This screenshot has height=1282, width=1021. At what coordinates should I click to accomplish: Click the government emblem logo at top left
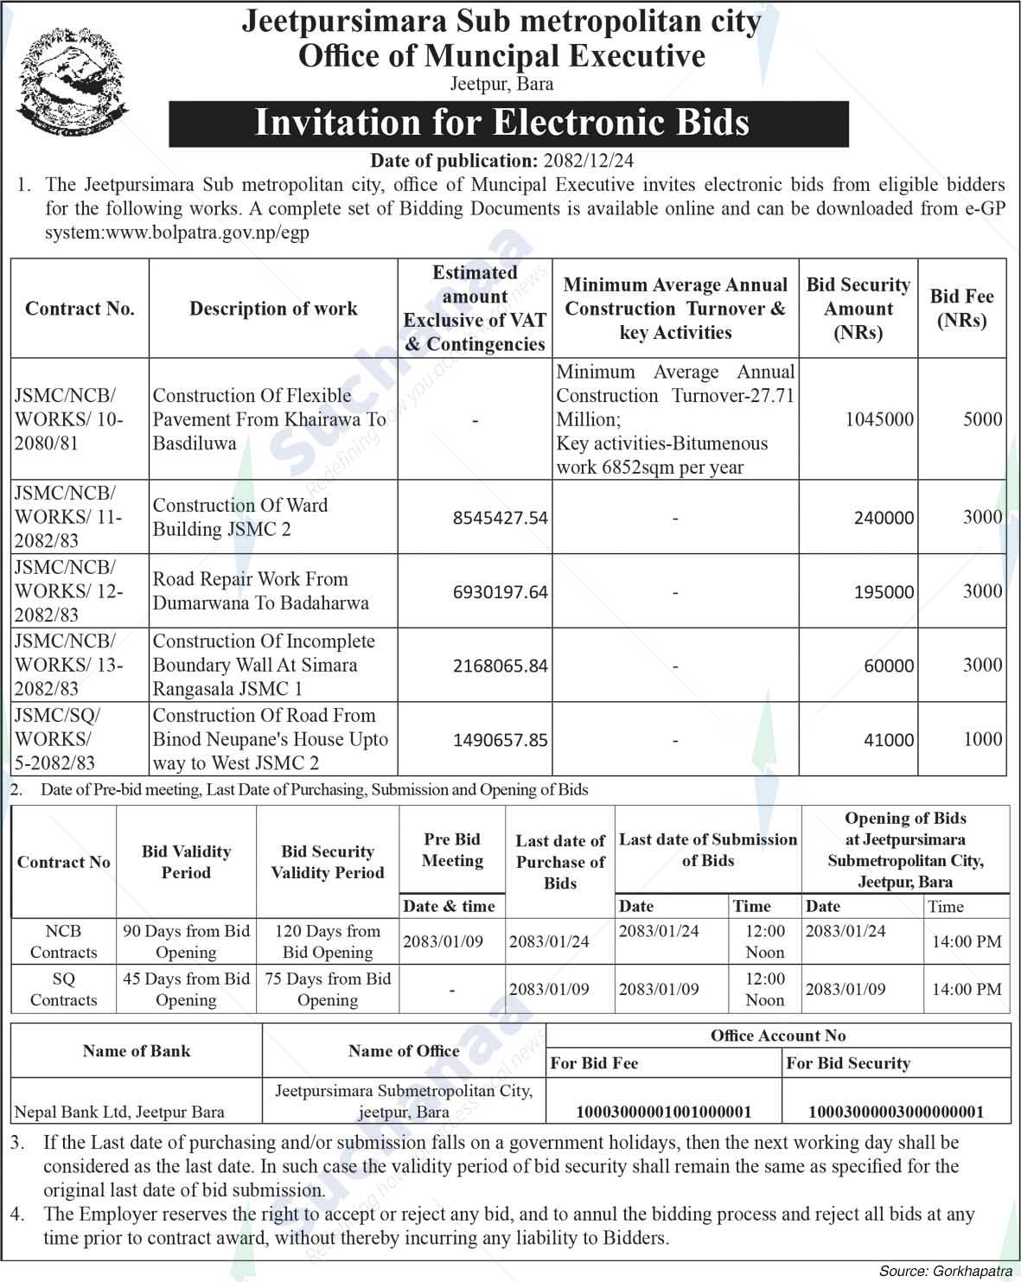pos(73,84)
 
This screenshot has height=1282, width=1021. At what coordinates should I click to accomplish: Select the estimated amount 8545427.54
pos(500,518)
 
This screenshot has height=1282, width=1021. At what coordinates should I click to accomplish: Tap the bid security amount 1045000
pos(879,419)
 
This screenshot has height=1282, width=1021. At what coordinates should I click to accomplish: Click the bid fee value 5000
pos(982,419)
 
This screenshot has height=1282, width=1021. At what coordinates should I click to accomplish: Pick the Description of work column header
pos(273,309)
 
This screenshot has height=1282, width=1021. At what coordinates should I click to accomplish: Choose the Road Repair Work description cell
pos(260,591)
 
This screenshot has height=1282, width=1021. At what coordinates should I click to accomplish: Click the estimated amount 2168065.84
pos(500,666)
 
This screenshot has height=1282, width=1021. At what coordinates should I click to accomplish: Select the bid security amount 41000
pos(888,740)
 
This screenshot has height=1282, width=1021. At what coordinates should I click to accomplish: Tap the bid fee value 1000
pos(982,739)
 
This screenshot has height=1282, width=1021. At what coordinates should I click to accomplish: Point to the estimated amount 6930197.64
pos(500,592)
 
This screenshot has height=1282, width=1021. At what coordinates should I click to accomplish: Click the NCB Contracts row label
pos(63,941)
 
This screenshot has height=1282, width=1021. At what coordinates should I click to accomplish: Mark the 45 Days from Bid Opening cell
pos(186,989)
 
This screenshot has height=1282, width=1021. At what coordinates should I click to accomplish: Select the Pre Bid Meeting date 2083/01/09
pos(443,941)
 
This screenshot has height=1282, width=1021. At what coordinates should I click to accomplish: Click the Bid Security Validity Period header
pos(328,862)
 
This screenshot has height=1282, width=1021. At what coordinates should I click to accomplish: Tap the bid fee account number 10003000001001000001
pos(663,1112)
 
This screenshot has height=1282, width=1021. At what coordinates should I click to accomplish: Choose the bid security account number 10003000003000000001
pos(896,1112)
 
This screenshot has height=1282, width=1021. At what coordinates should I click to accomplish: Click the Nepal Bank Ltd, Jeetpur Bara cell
pos(119,1113)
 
